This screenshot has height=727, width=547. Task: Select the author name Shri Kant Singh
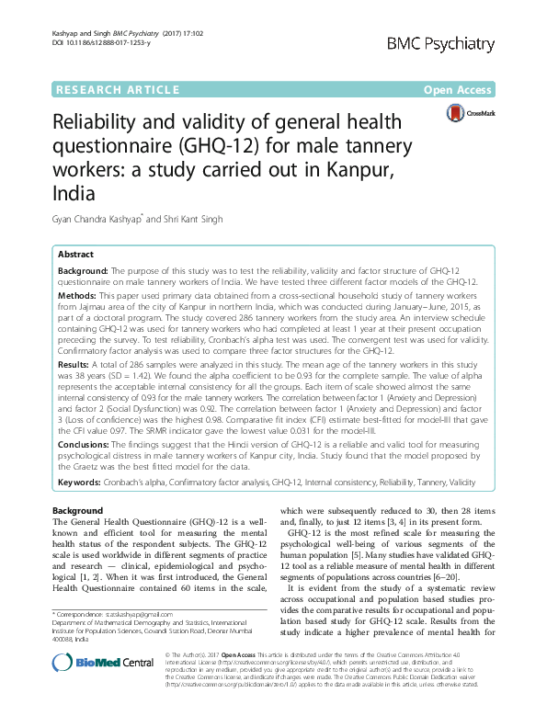[190, 219]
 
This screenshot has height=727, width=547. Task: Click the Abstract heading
[75, 254]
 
